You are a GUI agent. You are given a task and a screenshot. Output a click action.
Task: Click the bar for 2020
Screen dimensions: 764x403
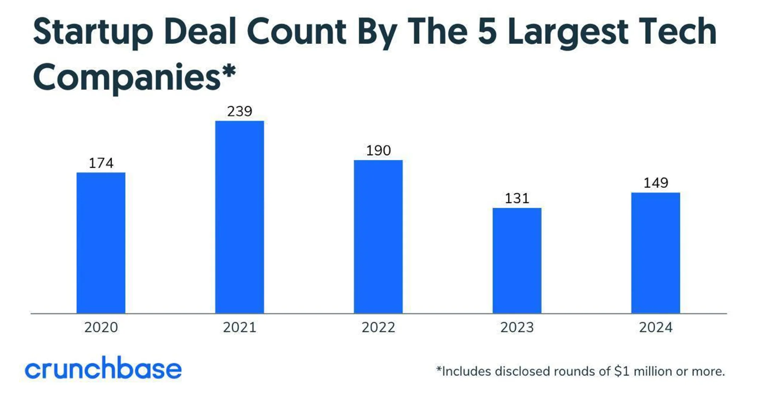coord(101,243)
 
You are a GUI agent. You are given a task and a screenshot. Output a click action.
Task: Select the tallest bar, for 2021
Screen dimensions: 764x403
coord(239,217)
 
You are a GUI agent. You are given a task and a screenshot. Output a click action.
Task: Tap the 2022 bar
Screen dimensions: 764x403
coord(378,237)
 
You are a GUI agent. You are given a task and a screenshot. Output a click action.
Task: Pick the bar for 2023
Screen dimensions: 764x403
coord(517,260)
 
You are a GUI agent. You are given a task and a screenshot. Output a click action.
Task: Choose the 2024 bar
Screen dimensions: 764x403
coord(655,253)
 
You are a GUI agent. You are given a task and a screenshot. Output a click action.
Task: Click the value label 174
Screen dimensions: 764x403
coord(101,163)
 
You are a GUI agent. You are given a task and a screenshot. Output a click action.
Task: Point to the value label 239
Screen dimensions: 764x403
coord(239,111)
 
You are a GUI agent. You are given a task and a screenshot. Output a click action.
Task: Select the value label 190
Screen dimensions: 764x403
coord(378,151)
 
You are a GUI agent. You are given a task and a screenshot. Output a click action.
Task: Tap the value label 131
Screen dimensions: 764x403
coord(517,198)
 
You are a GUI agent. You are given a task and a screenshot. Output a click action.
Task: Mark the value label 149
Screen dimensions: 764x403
coord(655,183)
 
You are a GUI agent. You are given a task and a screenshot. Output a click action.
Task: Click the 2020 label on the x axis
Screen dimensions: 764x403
coord(101,327)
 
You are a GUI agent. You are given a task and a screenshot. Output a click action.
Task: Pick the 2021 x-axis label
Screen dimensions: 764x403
coord(239,327)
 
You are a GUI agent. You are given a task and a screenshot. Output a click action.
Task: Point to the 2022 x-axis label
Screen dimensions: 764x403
coord(378,327)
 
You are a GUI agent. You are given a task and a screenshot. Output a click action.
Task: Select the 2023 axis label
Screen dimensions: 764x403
coord(517,327)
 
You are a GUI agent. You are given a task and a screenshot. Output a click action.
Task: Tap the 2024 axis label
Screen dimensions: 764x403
coord(655,327)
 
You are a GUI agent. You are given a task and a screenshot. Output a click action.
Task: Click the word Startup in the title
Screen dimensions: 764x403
coord(93,33)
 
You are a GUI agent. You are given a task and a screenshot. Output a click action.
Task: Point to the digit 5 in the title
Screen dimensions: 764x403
coord(487,32)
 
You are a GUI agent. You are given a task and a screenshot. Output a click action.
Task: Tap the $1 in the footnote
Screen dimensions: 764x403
coord(622,371)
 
